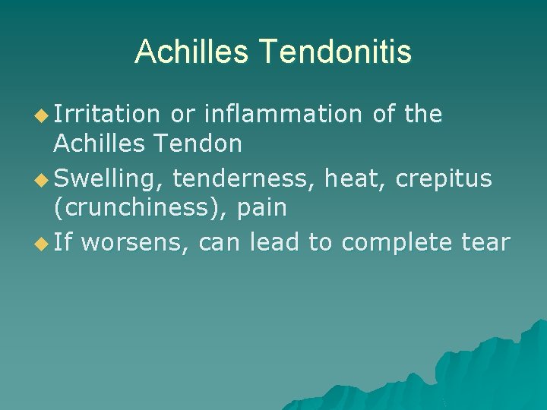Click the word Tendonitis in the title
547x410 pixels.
pos(336,52)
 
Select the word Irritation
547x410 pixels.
pos(107,114)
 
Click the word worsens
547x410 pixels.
pos(135,243)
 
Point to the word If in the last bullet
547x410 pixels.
pos(63,243)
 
